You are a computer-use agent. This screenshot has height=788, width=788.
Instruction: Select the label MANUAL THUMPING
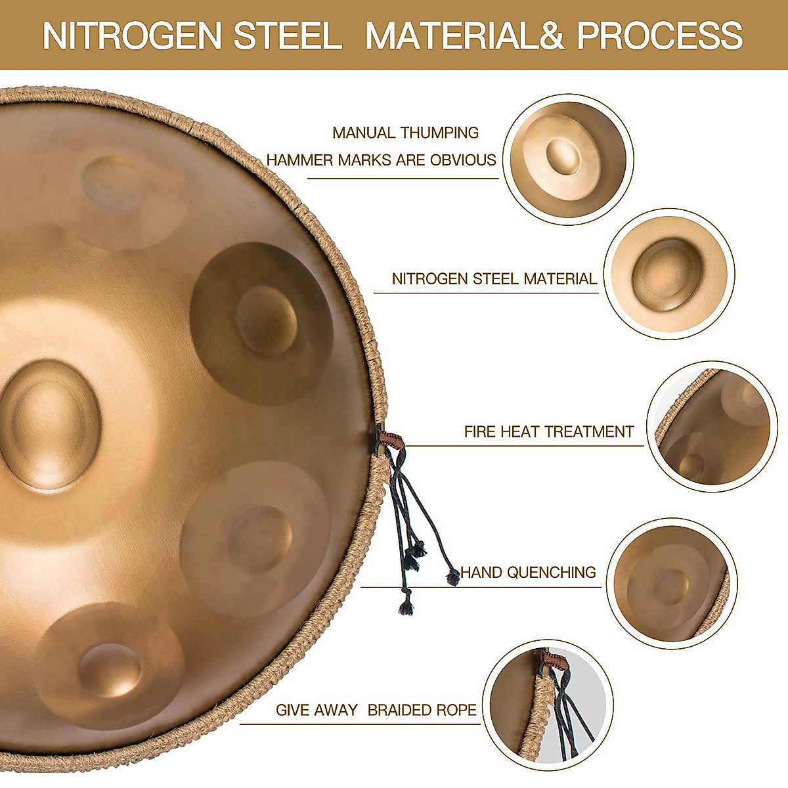click(405, 133)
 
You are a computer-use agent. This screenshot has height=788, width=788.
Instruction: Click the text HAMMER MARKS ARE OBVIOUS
click(381, 160)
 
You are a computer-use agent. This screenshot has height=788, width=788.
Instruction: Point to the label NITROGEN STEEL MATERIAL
click(494, 279)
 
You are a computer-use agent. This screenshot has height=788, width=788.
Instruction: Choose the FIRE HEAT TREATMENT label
click(549, 431)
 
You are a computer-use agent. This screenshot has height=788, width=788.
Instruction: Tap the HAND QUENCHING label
click(528, 572)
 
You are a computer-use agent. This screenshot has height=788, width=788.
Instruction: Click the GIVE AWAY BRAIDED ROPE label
click(376, 710)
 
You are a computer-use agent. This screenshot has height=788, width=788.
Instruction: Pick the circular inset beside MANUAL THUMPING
click(569, 159)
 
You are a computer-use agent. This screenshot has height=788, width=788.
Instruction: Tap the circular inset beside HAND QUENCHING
click(671, 582)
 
